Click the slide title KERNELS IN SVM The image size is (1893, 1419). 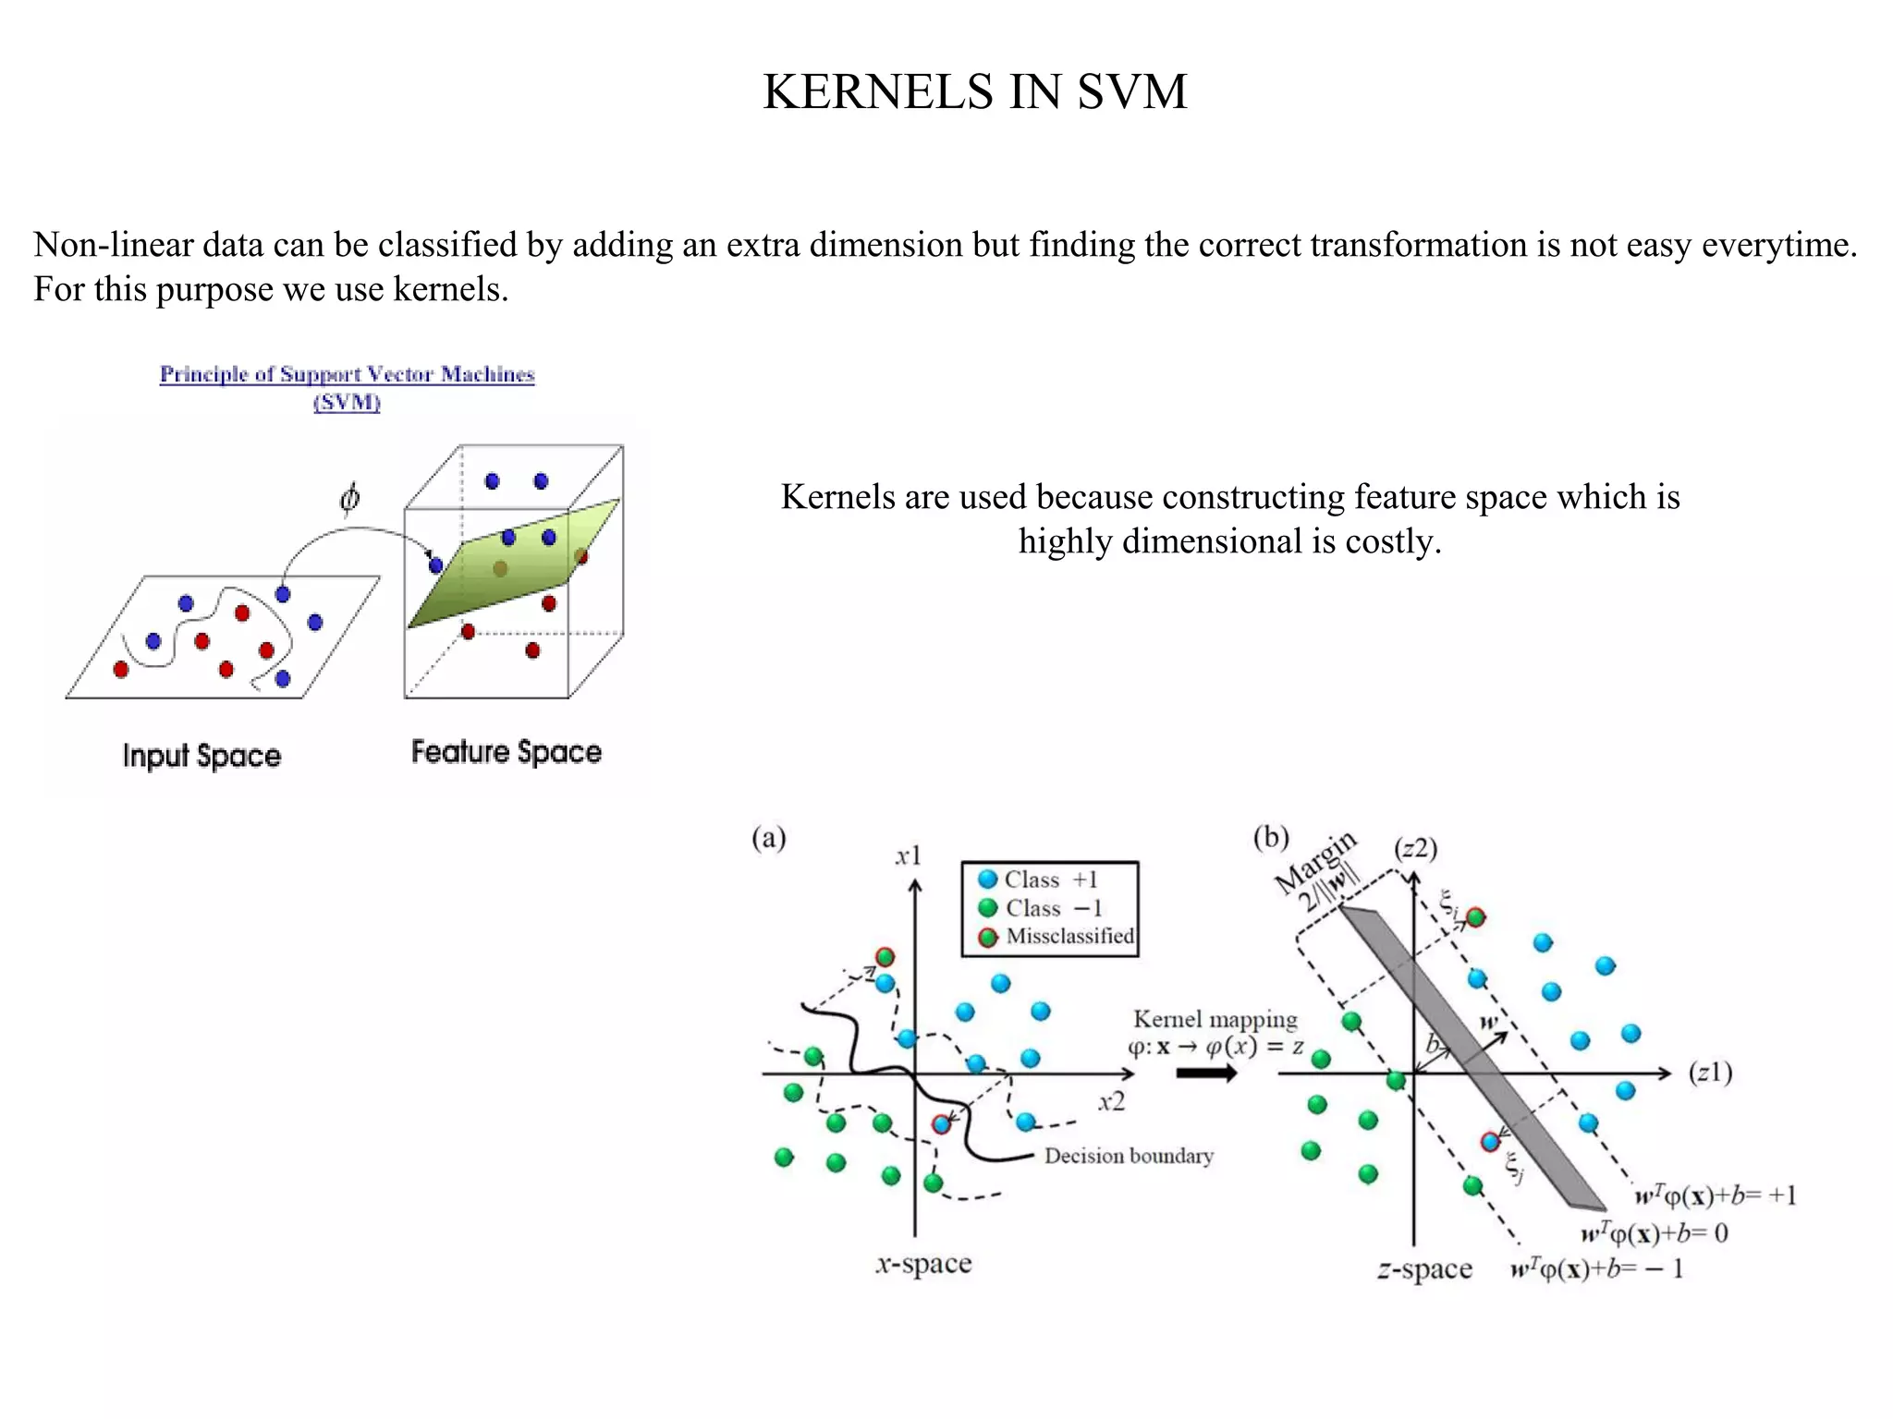pyautogui.click(x=974, y=92)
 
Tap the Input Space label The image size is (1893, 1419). pyautogui.click(x=202, y=756)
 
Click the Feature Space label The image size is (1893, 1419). pyautogui.click(x=506, y=752)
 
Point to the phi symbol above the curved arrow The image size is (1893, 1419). pyautogui.click(x=349, y=499)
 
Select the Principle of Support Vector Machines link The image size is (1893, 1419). pyautogui.click(x=347, y=374)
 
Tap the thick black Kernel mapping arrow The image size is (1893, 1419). pyautogui.click(x=1206, y=1073)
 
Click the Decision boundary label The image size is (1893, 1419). pyautogui.click(x=1128, y=1156)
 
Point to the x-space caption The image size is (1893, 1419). pyautogui.click(x=923, y=1263)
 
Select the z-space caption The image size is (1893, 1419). pyautogui.click(x=1423, y=1269)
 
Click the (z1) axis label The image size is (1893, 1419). pyautogui.click(x=1710, y=1073)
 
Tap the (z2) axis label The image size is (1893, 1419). pyautogui.click(x=1415, y=848)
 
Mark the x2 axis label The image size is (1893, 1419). pyautogui.click(x=1112, y=1102)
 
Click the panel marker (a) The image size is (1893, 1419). pyautogui.click(x=768, y=838)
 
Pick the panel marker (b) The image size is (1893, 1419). pyautogui.click(x=1270, y=837)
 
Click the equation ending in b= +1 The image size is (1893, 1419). pyautogui.click(x=1716, y=1195)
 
